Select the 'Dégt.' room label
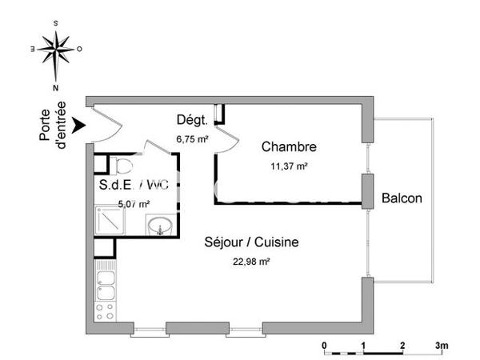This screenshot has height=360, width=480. tap(192, 121)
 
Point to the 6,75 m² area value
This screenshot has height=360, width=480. tap(192, 138)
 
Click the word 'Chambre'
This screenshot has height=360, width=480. tap(290, 147)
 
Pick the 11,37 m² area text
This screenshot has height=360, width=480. tap(290, 166)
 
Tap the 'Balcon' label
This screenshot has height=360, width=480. tap(402, 198)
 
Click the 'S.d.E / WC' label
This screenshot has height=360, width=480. tap(134, 186)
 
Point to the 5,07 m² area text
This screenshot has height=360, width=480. tap(134, 204)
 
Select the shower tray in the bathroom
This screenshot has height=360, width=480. tap(110, 220)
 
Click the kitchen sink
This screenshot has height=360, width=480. tap(106, 281)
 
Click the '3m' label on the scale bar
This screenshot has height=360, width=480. tap(442, 346)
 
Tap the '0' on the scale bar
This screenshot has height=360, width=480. tap(325, 346)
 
